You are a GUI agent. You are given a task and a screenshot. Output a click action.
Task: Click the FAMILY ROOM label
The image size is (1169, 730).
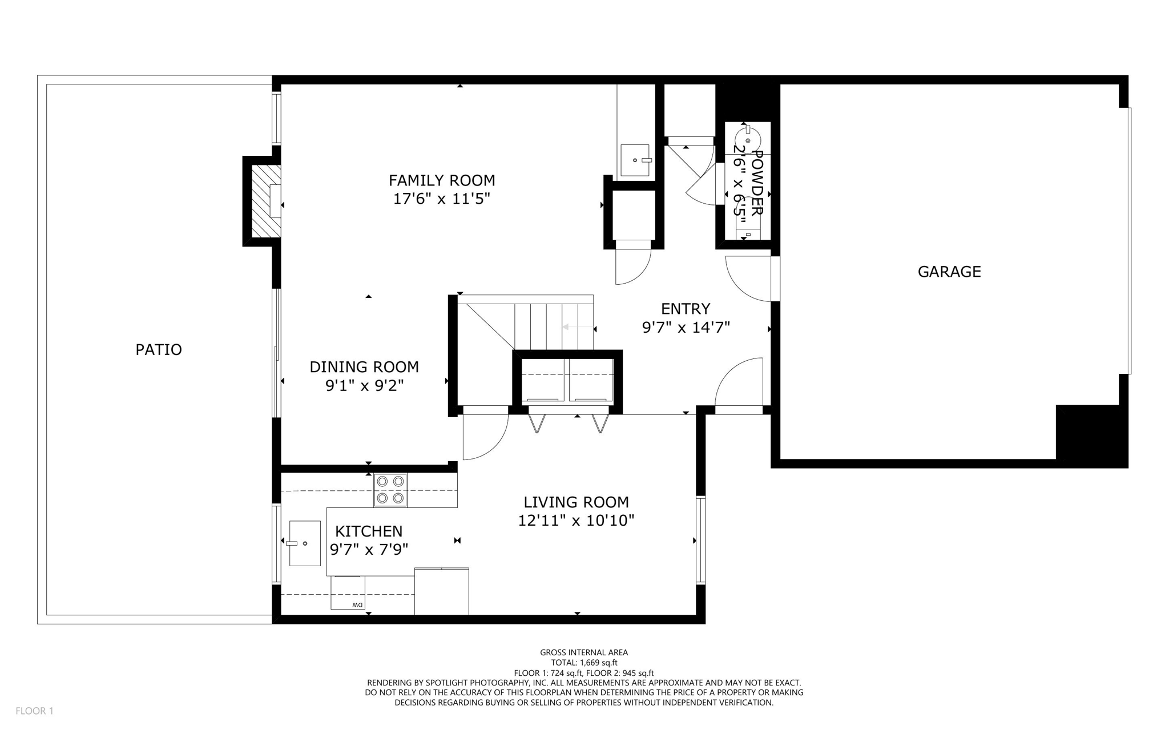coord(441,180)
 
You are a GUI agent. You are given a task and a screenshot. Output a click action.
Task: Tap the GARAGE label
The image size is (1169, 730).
coord(949,272)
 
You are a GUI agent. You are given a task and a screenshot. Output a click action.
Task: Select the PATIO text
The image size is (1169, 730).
coord(158,349)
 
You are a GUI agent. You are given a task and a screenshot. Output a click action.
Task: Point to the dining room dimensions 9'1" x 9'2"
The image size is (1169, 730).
coord(364,386)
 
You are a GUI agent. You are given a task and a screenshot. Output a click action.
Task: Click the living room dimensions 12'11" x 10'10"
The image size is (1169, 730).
coord(576,521)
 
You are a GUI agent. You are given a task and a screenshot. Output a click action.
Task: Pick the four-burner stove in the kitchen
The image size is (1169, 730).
coord(390,490)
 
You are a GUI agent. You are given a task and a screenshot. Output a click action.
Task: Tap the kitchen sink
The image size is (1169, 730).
coord(304,543)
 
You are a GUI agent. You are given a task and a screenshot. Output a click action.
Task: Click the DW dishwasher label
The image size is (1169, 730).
coord(357,604)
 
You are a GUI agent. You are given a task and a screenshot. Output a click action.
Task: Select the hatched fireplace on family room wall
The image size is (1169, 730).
coord(266,201)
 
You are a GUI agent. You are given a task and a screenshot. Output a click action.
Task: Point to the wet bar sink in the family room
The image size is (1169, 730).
coord(635,160)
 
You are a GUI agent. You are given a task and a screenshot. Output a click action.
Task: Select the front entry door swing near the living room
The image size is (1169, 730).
coord(739,382)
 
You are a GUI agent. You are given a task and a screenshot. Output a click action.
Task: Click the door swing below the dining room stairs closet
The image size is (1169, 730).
coord(484,435)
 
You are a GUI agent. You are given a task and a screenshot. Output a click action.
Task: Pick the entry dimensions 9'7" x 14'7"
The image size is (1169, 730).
coord(686,328)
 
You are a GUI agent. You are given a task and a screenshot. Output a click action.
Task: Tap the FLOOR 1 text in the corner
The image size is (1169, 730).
coord(34,711)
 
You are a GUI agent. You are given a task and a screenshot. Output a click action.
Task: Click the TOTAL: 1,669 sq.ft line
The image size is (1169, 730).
coord(584,663)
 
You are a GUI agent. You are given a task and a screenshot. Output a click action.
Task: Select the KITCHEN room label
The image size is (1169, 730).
coord(368,531)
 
